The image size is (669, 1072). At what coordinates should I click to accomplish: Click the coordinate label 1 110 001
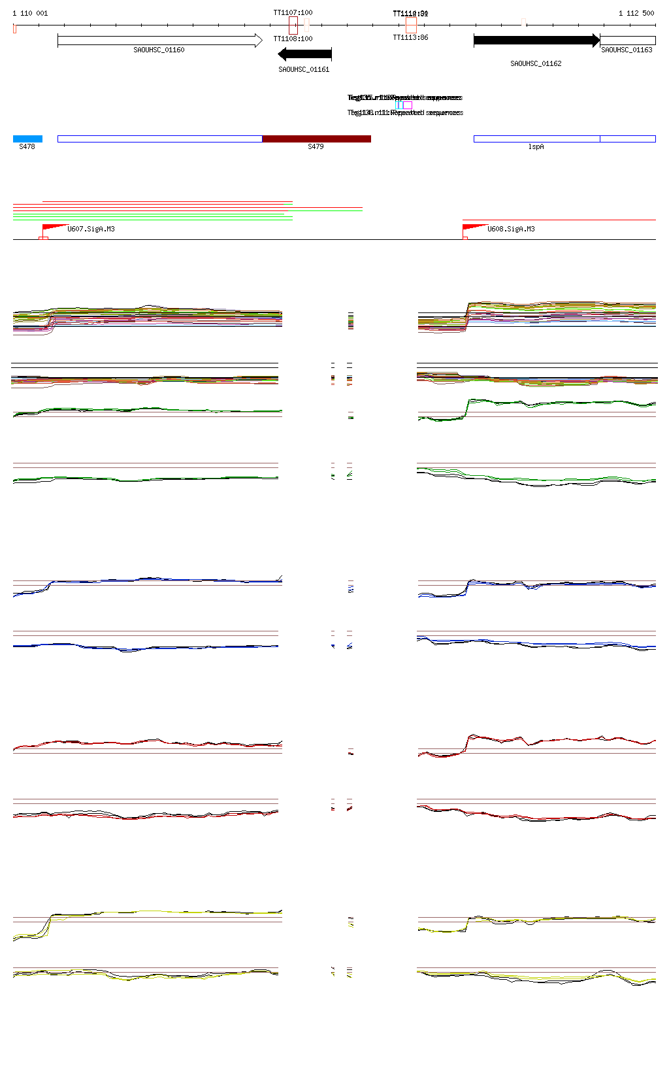tap(30, 13)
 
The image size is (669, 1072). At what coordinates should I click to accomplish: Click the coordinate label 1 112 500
tap(636, 13)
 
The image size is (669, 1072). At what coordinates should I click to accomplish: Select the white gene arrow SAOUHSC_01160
tap(159, 41)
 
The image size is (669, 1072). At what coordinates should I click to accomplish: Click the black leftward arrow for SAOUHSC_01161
tap(304, 54)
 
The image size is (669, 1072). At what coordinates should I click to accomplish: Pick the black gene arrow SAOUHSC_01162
tap(536, 41)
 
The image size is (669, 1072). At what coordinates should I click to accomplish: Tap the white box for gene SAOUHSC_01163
tap(627, 41)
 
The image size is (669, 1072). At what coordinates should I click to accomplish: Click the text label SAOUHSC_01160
tap(159, 50)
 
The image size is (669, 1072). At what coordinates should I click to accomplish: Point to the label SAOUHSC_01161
tap(304, 69)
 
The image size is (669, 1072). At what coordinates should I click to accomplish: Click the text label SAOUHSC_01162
tap(536, 63)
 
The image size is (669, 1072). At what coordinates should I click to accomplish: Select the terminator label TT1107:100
tap(293, 12)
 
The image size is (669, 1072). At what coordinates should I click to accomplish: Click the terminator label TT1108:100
tap(293, 39)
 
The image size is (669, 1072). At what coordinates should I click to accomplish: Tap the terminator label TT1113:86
tap(410, 37)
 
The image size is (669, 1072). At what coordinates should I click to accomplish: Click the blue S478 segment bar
tap(27, 139)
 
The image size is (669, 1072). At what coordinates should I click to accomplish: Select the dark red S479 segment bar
tap(316, 139)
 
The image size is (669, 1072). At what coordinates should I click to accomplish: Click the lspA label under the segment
tap(536, 147)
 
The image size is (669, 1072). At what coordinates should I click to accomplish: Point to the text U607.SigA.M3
tap(91, 229)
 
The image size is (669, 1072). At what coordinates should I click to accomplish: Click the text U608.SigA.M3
tap(511, 229)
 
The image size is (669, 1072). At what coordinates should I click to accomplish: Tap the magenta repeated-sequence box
tap(408, 105)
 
